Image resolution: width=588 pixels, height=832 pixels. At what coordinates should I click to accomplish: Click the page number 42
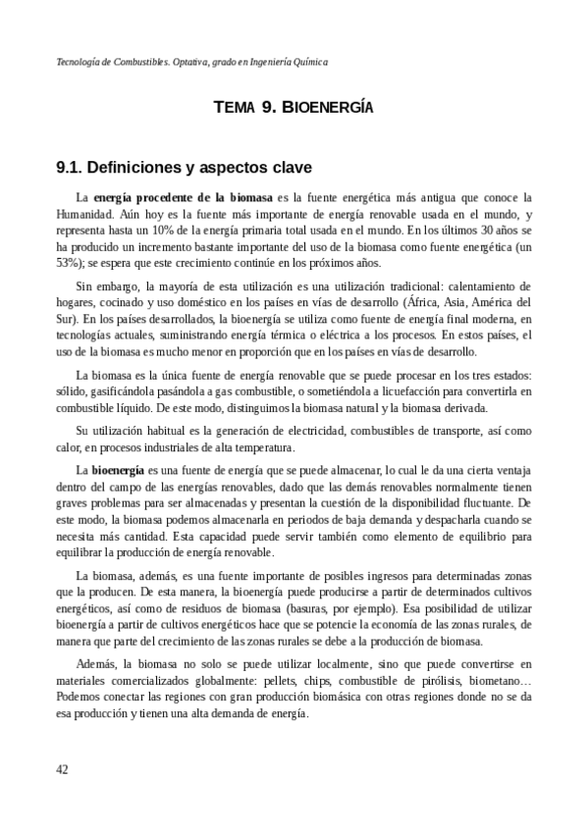pyautogui.click(x=62, y=769)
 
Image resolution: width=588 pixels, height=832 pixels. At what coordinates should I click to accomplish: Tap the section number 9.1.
pyautogui.click(x=73, y=169)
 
